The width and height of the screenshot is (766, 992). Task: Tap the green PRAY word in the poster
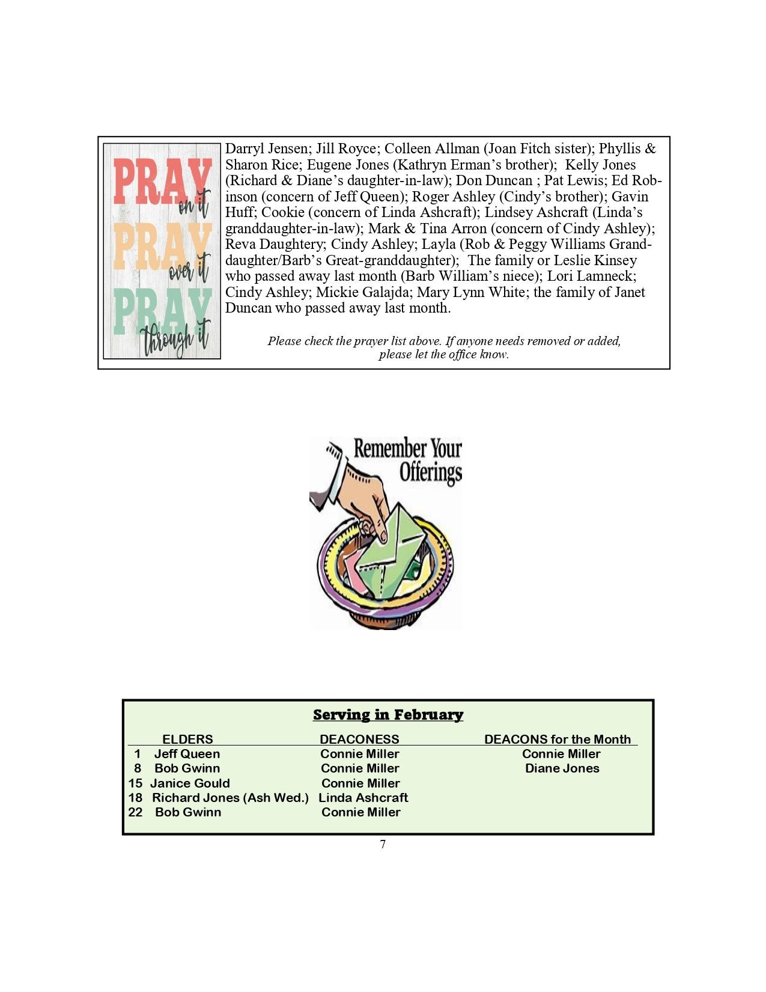(161, 311)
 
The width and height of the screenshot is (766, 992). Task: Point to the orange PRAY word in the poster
(161, 246)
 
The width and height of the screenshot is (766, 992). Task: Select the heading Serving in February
(388, 714)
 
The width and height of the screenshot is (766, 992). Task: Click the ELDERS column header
(187, 739)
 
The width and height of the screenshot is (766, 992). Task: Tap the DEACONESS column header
(359, 739)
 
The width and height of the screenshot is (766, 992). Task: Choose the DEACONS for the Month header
(558, 739)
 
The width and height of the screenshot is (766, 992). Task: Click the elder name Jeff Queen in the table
(187, 754)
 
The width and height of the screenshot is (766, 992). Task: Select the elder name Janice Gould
(190, 783)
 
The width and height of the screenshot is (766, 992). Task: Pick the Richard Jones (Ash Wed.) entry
(230, 798)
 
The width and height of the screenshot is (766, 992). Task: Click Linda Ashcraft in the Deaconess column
(363, 798)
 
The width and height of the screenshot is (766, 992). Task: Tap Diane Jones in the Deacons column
(562, 768)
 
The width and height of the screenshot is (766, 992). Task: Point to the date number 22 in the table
(135, 812)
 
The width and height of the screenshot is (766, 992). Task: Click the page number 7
(383, 845)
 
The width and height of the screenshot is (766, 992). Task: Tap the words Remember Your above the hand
(407, 449)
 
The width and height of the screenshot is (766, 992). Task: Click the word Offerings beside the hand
(431, 472)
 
